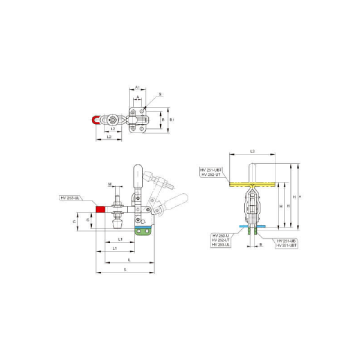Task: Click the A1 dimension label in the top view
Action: point(137,87)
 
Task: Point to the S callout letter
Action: point(160,94)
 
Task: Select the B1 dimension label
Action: point(172,120)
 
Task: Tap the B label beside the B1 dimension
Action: point(163,120)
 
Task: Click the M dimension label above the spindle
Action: point(110,183)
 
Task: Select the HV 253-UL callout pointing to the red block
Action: point(71,197)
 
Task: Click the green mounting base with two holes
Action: point(143,231)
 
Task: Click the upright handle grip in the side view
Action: point(136,175)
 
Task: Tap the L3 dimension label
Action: point(253,151)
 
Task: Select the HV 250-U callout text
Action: point(220,236)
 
